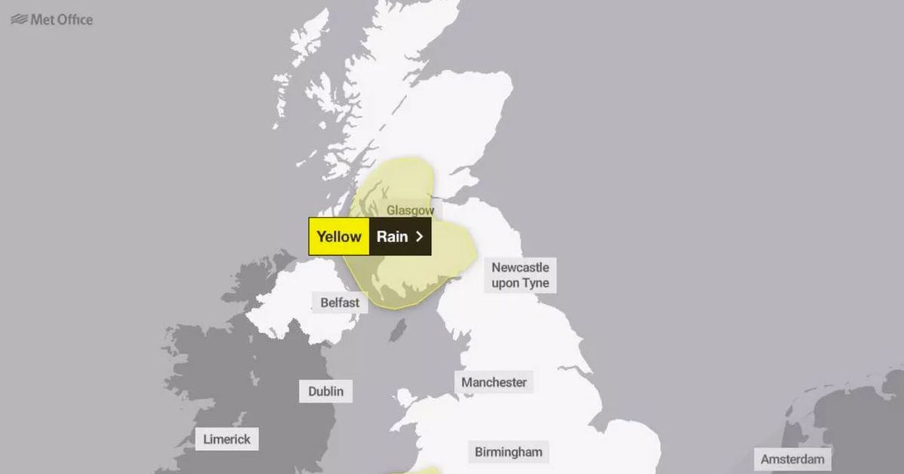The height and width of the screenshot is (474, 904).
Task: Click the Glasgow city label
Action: pyautogui.click(x=411, y=211)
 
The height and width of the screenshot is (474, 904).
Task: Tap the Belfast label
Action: pyautogui.click(x=340, y=302)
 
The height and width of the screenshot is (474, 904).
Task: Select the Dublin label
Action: pyautogui.click(x=325, y=391)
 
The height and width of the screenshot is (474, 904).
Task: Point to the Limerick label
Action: pyautogui.click(x=227, y=439)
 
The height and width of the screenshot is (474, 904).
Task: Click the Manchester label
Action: pyautogui.click(x=494, y=382)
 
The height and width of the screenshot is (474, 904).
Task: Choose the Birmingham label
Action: pyautogui.click(x=508, y=452)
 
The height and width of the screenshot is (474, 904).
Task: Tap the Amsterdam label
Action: pyautogui.click(x=793, y=459)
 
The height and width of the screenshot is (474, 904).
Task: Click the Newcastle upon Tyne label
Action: pyautogui.click(x=521, y=275)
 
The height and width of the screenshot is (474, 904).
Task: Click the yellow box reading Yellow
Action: pyautogui.click(x=339, y=236)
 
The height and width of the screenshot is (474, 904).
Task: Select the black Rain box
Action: pyautogui.click(x=400, y=236)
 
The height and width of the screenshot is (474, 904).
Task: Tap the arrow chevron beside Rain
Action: pyautogui.click(x=420, y=236)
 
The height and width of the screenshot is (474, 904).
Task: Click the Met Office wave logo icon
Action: pyautogui.click(x=19, y=20)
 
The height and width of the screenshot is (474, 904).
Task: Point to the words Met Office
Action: pyautogui.click(x=62, y=20)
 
